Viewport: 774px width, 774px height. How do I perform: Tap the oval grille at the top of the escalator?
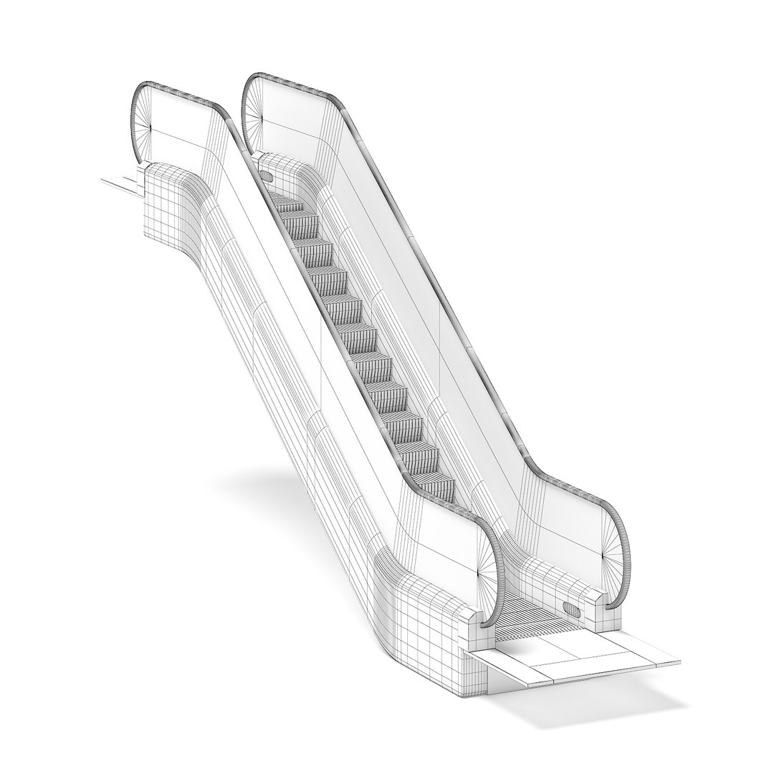tap(267, 176)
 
